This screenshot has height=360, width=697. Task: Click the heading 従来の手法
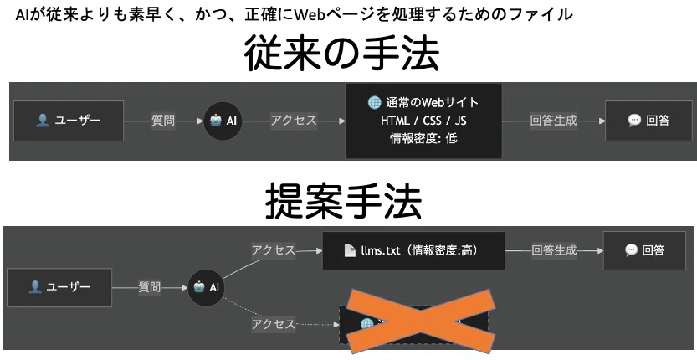[341, 54]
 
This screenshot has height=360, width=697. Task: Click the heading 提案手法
[343, 203]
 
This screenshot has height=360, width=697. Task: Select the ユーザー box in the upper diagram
[69, 121]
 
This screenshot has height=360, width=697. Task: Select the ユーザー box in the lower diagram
[59, 287]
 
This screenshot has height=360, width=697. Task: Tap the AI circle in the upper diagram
[223, 121]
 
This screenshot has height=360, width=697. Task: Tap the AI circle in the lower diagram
[207, 287]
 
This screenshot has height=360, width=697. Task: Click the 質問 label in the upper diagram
[163, 121]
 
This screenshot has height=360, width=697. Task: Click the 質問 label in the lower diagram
[149, 287]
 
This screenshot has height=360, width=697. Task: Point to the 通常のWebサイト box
[423, 121]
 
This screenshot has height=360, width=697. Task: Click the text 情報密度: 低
[423, 138]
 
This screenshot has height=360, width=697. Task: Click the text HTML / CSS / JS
[423, 121]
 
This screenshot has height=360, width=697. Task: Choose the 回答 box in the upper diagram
[648, 121]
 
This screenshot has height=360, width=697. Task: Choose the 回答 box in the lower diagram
[644, 250]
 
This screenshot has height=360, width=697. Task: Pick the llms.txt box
[413, 250]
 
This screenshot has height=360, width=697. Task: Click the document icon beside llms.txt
[350, 250]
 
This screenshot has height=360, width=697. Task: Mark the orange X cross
[420, 321]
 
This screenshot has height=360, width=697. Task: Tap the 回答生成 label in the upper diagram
[553, 121]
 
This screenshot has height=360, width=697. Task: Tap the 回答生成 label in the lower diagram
[554, 250]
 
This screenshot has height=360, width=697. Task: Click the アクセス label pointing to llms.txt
[274, 250]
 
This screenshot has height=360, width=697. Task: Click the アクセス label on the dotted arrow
[274, 324]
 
